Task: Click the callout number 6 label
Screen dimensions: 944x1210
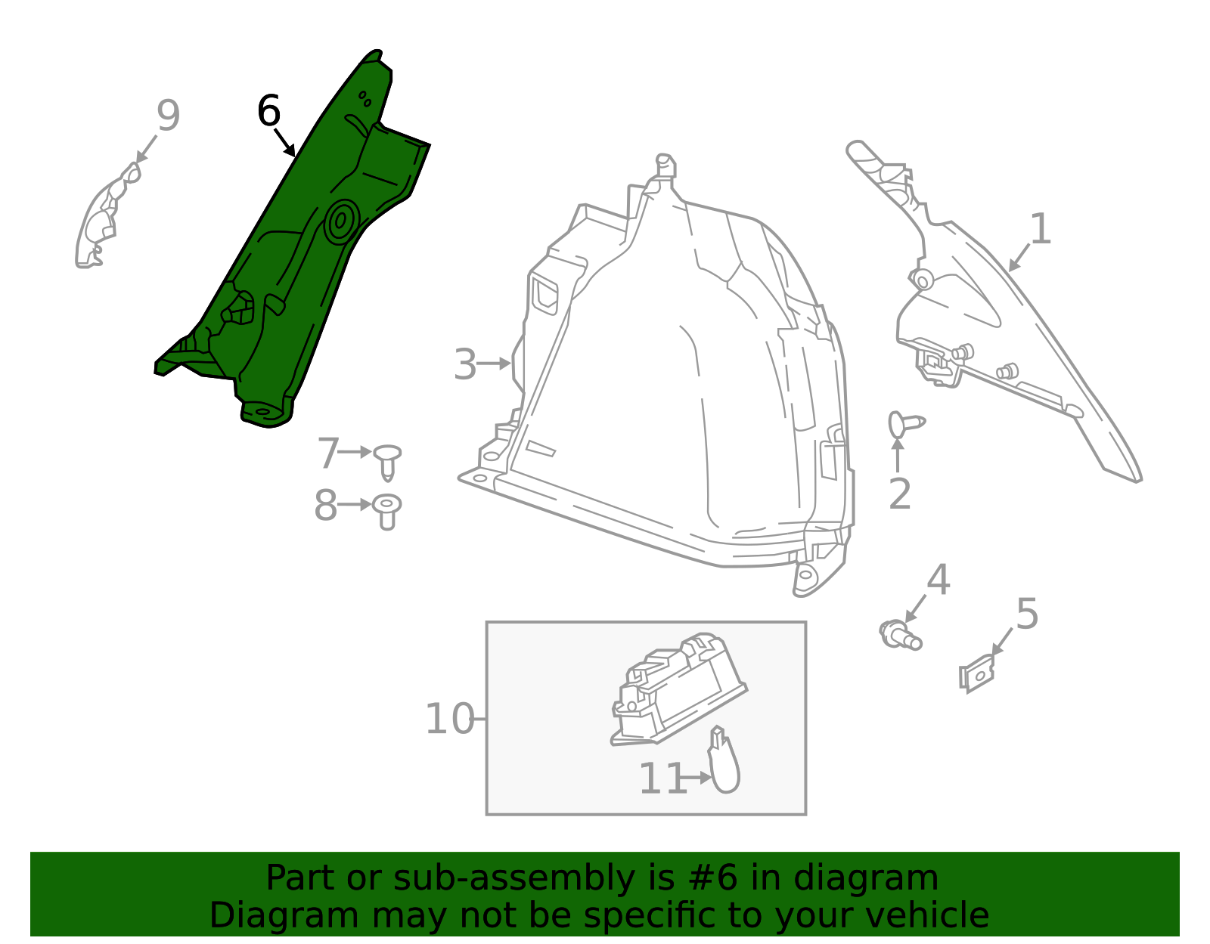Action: pos(268,111)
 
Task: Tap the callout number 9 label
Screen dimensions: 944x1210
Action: pos(168,116)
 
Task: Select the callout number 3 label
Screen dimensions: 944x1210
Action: pos(464,364)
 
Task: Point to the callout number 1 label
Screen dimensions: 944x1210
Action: pos(1041,229)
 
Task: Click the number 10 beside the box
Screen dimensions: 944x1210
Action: pos(449,719)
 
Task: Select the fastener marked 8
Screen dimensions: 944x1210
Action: pos(387,509)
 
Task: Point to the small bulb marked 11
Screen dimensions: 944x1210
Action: pos(724,765)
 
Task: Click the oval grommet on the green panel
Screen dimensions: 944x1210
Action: pos(340,221)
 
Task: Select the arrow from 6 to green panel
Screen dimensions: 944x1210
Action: pos(284,142)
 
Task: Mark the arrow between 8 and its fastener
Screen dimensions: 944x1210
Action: pos(354,504)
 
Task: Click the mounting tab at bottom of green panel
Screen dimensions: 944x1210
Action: pos(265,412)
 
